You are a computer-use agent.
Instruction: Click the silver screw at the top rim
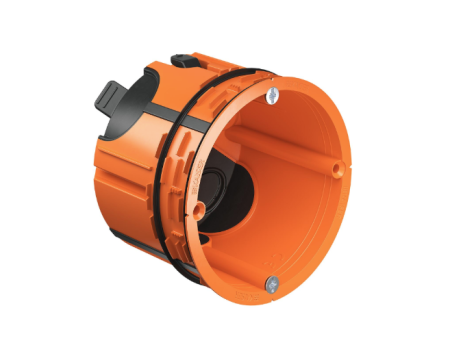pos(271,95)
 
